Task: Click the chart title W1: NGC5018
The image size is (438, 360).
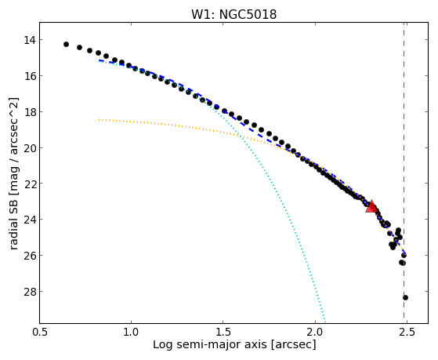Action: click(233, 14)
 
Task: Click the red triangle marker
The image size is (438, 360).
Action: click(371, 207)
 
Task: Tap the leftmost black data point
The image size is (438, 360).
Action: click(66, 44)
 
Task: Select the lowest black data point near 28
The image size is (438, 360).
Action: click(405, 297)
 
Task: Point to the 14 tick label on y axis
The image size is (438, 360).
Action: click(30, 40)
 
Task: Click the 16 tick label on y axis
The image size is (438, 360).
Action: click(30, 76)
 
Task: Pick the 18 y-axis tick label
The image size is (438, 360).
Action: click(30, 112)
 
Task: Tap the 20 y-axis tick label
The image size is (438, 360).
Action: click(30, 147)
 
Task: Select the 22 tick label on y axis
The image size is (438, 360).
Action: click(30, 184)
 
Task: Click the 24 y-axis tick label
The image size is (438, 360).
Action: click(30, 220)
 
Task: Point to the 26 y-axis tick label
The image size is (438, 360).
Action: click(30, 256)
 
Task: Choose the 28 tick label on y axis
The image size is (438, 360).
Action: click(30, 291)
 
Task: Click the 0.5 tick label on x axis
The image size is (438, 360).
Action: click(39, 332)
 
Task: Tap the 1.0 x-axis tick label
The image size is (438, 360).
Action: click(131, 332)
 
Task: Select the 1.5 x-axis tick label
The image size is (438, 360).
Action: click(223, 332)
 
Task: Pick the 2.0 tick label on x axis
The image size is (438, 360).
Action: click(315, 332)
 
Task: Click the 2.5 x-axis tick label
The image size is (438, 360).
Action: click(407, 332)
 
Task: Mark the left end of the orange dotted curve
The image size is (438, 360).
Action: click(100, 120)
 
